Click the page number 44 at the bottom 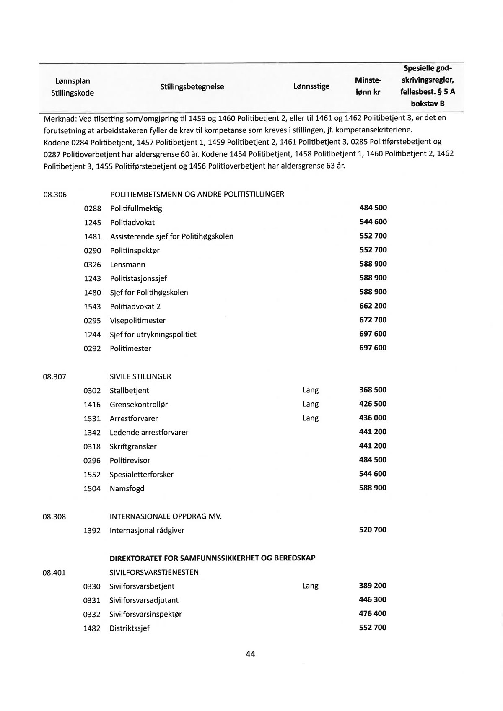tap(250, 654)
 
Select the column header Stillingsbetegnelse tap(192, 87)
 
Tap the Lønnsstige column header tap(311, 87)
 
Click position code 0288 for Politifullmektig tap(93, 208)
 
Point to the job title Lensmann tap(127, 265)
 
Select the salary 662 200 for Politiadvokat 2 tap(373, 306)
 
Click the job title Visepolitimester tap(137, 321)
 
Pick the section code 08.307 tap(54, 376)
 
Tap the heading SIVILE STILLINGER tap(140, 376)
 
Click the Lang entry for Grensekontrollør tap(310, 404)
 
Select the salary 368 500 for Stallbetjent tap(373, 390)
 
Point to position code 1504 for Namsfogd tap(92, 488)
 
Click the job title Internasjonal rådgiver tap(147, 530)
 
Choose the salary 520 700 tap(373, 529)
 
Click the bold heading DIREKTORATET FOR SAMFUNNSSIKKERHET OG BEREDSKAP tap(212, 558)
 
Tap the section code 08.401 tap(54, 572)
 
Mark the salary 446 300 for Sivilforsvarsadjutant tap(373, 599)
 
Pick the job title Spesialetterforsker tap(141, 475)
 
